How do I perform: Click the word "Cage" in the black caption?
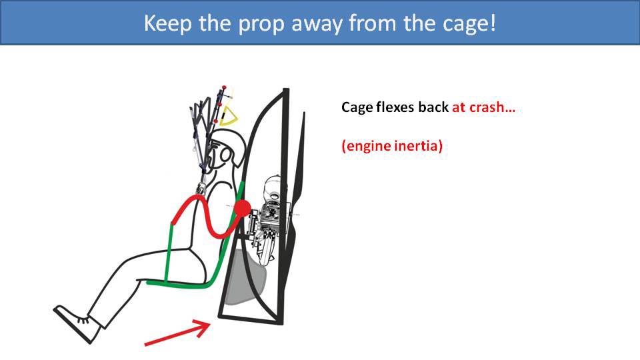pyautogui.click(x=356, y=107)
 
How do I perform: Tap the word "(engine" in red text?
pyautogui.click(x=365, y=147)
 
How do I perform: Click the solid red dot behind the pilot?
pyautogui.click(x=242, y=208)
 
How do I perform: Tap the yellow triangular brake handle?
pyautogui.click(x=230, y=116)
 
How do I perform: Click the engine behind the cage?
pyautogui.click(x=270, y=213)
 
